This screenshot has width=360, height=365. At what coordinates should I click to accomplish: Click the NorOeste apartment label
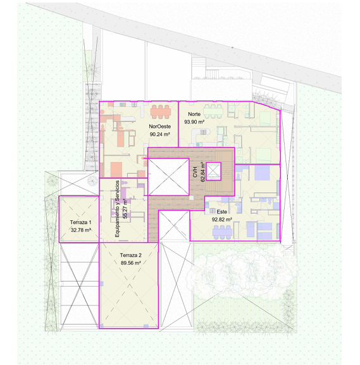[159, 127]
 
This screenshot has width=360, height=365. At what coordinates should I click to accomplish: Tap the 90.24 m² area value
[159, 134]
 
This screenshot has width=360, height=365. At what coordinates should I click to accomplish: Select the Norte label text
[194, 114]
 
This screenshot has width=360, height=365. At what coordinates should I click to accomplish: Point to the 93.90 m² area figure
[194, 121]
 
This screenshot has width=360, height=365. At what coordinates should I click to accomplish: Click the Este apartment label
[221, 212]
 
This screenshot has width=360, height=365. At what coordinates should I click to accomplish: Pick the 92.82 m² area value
[221, 220]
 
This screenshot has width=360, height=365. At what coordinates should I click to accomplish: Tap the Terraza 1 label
[79, 222]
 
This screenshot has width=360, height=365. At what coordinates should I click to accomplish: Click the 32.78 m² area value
[81, 230]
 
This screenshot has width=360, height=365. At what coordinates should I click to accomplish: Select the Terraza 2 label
[130, 255]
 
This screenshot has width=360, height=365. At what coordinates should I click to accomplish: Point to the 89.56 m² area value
[130, 263]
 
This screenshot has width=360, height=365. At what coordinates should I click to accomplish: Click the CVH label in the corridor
[195, 172]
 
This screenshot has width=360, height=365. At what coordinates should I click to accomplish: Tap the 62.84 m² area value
[203, 172]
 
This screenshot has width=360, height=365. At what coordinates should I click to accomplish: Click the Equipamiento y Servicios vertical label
[117, 209]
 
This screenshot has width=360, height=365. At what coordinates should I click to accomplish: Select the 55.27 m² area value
[125, 208]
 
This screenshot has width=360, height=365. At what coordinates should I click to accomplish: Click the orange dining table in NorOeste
[161, 112]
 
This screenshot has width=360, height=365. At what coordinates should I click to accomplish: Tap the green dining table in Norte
[213, 111]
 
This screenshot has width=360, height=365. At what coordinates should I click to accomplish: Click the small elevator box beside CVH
[213, 171]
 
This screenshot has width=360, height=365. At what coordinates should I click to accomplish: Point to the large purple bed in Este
[262, 173]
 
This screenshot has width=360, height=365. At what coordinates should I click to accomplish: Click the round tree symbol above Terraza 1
[92, 180]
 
